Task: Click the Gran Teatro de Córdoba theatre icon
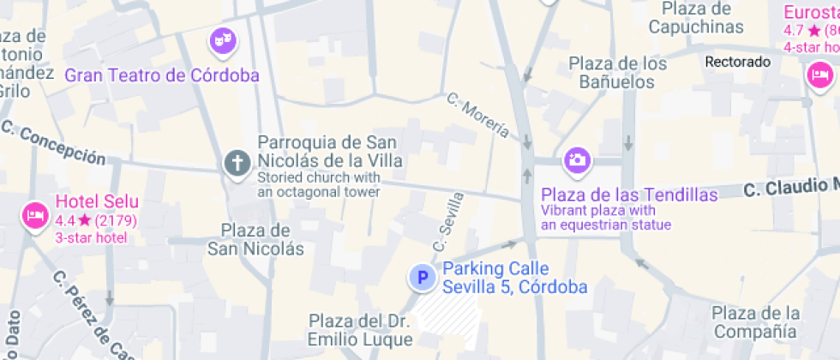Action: [x=224, y=39]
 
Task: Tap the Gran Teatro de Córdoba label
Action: [x=162, y=75]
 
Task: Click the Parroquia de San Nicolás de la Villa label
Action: [x=330, y=151]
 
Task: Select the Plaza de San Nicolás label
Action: [x=255, y=239]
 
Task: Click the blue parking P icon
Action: [x=421, y=277]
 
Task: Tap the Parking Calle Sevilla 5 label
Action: [x=514, y=278]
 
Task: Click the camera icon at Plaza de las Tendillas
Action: [x=576, y=159]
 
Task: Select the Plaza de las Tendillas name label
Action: [x=628, y=195]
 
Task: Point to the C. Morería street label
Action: [x=477, y=116]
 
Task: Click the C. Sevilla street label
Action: [x=448, y=221]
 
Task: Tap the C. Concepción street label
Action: [x=53, y=144]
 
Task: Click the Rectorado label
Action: [x=737, y=62]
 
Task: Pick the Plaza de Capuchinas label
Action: [x=695, y=18]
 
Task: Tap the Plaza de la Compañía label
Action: [x=755, y=321]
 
